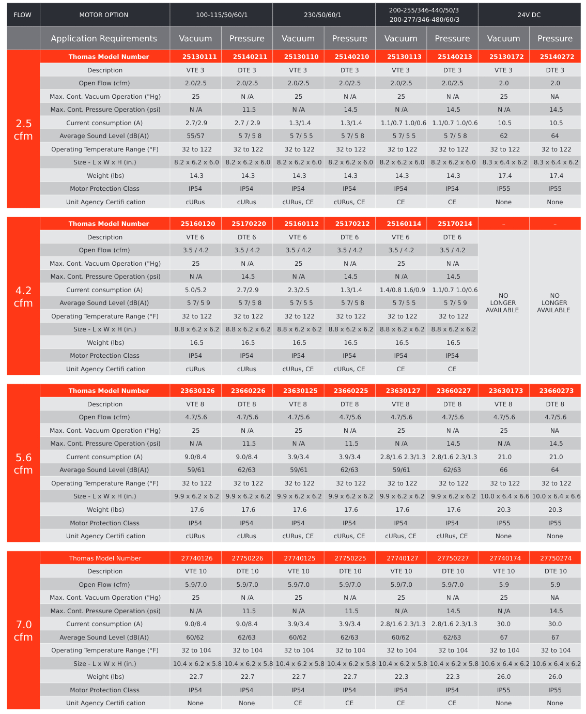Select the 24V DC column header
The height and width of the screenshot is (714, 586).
(529, 15)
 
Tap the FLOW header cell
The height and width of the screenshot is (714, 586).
(23, 15)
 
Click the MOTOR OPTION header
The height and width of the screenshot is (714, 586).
(104, 15)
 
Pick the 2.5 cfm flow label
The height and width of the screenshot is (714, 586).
(23, 130)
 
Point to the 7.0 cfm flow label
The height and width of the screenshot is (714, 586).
(23, 631)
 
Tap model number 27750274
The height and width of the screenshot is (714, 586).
(556, 558)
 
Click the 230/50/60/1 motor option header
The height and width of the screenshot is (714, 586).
(323, 15)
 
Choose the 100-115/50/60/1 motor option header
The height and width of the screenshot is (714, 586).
(222, 15)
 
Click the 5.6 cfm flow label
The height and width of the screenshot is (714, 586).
(23, 464)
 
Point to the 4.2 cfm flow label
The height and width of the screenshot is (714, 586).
(23, 297)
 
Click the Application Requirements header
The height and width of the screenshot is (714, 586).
(104, 38)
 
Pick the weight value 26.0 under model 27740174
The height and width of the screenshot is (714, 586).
(504, 677)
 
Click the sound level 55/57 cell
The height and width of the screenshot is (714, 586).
(195, 136)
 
